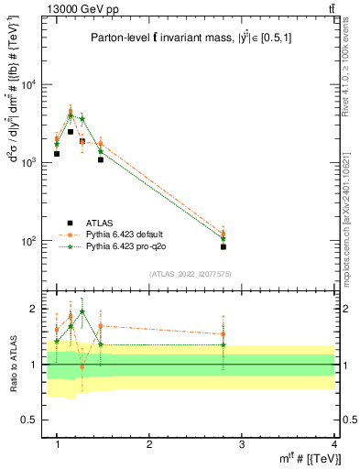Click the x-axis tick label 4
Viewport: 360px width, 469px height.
pos(334,443)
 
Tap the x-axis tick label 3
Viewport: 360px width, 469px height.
pos(242,443)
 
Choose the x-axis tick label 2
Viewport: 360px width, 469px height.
pos(149,443)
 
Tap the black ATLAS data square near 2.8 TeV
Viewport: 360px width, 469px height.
pos(224,246)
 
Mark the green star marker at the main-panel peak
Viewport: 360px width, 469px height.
pos(71,115)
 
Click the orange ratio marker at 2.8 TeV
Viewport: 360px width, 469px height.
pos(224,334)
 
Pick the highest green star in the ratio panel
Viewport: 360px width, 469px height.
pos(82,311)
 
